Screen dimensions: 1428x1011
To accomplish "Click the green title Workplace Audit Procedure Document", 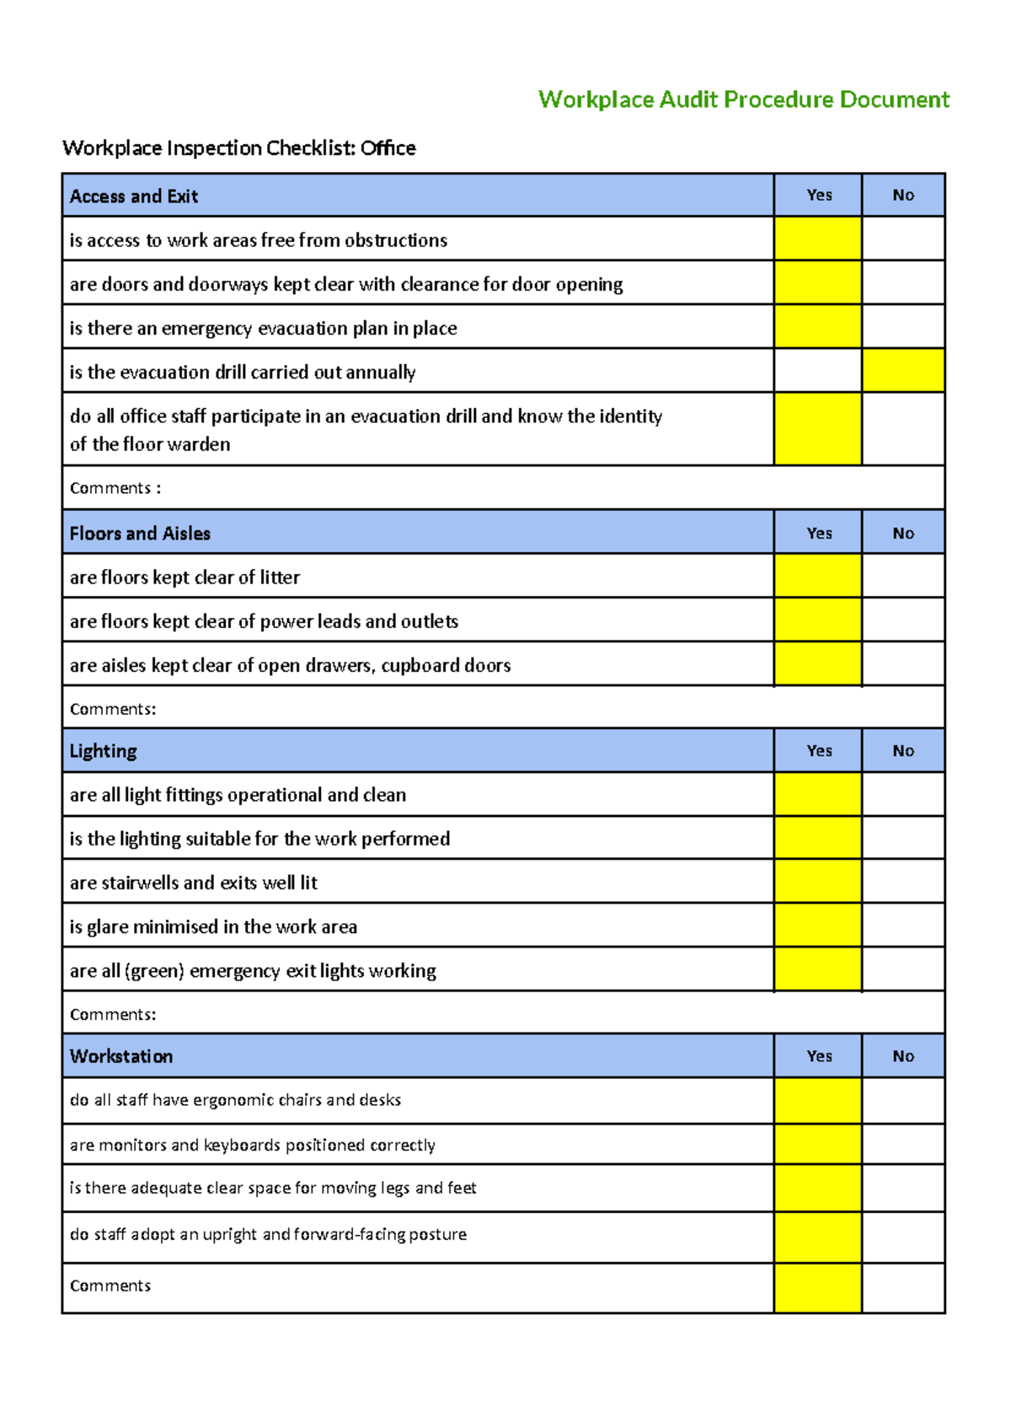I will point(743,99).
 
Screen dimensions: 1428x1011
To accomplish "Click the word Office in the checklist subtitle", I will point(388,148).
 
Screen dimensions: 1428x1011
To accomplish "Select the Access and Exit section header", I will point(134,196).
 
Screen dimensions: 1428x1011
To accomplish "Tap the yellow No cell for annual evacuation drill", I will point(902,371).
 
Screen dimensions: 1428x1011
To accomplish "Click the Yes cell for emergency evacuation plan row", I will point(817,327).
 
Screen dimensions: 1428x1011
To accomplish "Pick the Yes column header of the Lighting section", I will point(818,751).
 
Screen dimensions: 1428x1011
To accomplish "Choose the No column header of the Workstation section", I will point(902,1056).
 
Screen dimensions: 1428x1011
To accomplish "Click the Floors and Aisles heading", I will point(140,534).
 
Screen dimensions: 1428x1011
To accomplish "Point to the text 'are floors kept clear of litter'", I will point(185,577).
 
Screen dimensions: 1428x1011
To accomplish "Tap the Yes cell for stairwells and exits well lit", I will point(817,882).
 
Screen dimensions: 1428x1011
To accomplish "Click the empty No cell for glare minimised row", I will point(902,926).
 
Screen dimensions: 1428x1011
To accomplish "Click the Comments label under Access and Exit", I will point(115,488).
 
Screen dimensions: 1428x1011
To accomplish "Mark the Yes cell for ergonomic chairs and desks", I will point(817,1100).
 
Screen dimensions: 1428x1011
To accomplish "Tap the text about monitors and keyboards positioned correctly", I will point(252,1145).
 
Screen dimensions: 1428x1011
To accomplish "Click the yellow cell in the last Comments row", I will point(817,1287).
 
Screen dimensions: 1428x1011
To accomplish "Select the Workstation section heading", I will point(121,1056).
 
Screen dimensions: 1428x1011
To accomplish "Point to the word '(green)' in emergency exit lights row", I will point(154,971).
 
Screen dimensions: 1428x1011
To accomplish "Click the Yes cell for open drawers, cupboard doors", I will point(817,664).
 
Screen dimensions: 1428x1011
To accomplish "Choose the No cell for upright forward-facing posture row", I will point(902,1237).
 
